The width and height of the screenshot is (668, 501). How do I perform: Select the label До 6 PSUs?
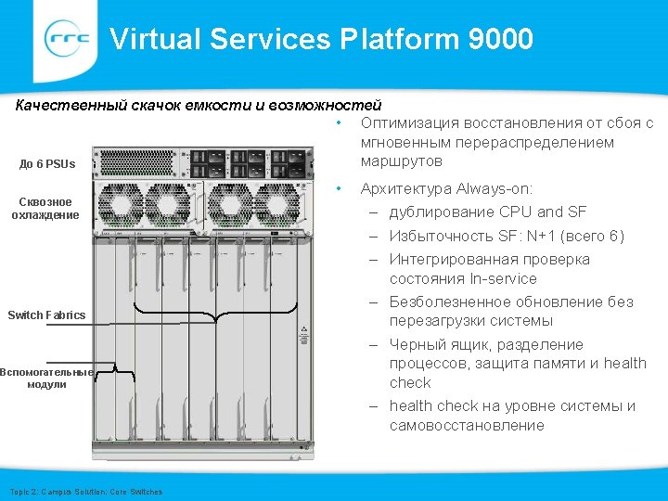47,164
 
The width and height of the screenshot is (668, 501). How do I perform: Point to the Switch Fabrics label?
46,315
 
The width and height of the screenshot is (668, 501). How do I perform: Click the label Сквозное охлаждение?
45,208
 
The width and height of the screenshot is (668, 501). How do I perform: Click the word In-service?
504,279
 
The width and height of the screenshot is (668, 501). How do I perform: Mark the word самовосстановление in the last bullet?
467,426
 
